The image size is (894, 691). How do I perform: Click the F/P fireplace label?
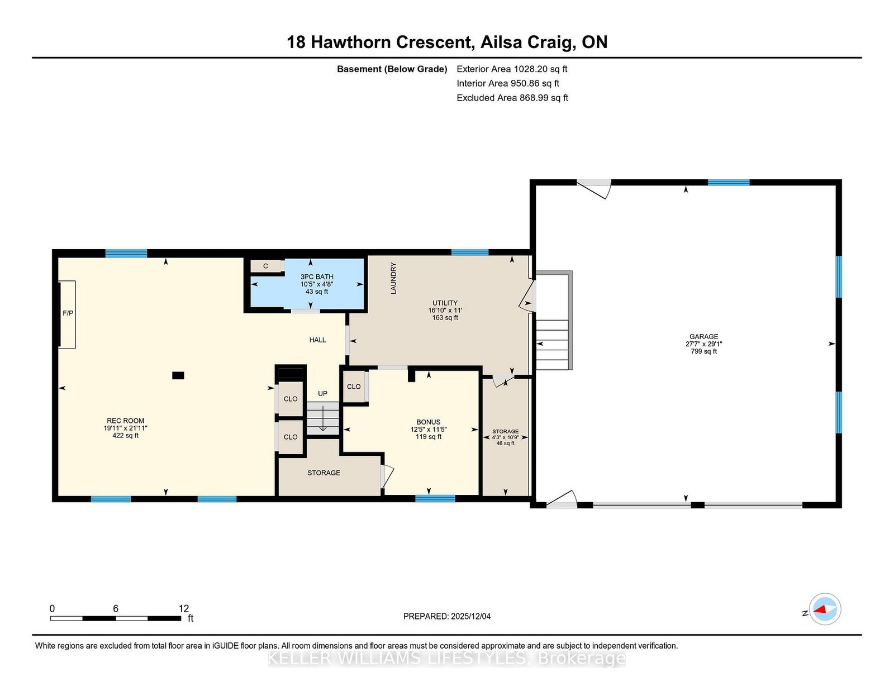(68, 313)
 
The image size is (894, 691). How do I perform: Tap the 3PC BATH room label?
(317, 277)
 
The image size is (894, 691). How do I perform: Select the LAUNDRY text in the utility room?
(393, 278)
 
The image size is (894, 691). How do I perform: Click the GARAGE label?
(704, 336)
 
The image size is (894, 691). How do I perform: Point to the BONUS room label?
(428, 422)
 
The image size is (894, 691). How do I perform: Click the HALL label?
(317, 340)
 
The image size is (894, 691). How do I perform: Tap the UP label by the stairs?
(322, 394)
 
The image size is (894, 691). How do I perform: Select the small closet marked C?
(266, 266)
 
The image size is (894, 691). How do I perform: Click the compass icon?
(825, 609)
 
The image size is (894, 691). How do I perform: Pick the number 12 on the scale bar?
(183, 608)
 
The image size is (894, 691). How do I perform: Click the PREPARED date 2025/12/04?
(470, 616)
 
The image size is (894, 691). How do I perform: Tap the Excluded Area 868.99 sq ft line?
(512, 98)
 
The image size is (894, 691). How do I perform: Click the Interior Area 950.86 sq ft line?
(508, 83)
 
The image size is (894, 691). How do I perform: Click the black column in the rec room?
(178, 375)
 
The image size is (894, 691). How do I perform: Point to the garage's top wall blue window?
(729, 182)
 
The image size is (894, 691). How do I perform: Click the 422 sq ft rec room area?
(126, 435)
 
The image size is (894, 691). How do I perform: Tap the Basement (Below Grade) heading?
(392, 69)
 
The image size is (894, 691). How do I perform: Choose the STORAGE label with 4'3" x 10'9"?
(505, 431)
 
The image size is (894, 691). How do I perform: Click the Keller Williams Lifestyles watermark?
(447, 659)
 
